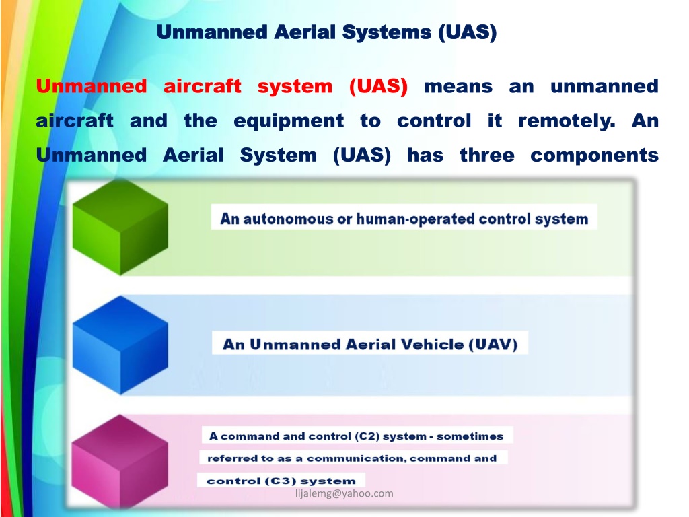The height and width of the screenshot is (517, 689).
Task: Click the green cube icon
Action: tap(120, 228)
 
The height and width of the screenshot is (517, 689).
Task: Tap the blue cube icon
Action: tap(120, 345)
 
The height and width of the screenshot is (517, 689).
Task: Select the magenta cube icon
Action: tap(120, 462)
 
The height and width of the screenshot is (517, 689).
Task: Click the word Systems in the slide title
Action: tap(387, 32)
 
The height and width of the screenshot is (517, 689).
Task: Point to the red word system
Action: tap(295, 86)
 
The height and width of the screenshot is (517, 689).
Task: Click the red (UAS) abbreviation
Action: tap(378, 86)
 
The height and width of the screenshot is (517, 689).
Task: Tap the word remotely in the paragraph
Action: tap(567, 121)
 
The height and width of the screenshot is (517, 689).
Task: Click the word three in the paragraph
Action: tap(487, 156)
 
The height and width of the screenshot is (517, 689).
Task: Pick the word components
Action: tap(595, 156)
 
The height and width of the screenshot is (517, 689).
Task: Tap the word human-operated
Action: tap(415, 219)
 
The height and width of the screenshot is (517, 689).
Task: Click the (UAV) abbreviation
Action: tap(493, 344)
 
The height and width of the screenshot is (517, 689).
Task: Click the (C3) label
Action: tap(281, 481)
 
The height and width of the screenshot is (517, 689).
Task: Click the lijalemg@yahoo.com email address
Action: tap(344, 493)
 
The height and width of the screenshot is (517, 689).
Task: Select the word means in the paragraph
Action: tap(458, 87)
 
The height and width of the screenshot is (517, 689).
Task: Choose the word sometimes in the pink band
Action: tap(470, 436)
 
